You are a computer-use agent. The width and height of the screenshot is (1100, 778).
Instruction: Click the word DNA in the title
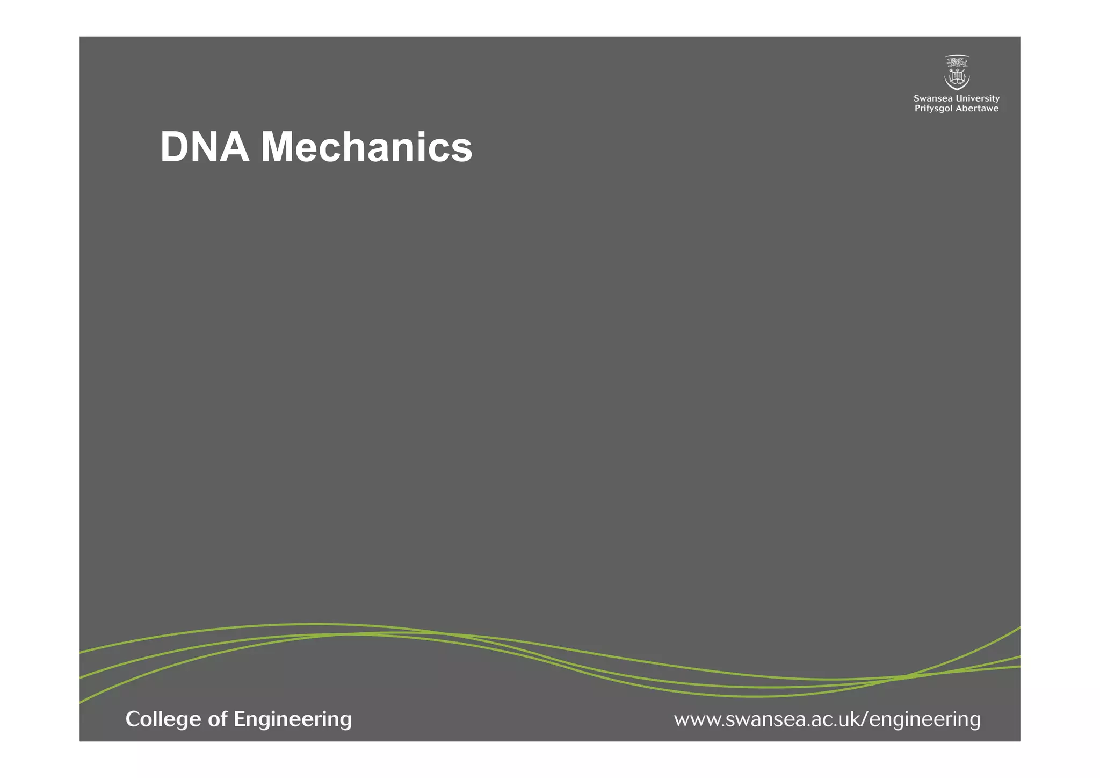(x=205, y=147)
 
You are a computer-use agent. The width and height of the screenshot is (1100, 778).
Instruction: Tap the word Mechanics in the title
(x=366, y=147)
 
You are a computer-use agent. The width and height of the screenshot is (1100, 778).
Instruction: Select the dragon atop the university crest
(x=957, y=61)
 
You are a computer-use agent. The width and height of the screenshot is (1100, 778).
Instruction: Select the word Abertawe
(x=978, y=109)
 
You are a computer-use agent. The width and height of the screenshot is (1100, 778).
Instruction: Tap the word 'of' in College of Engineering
(x=218, y=719)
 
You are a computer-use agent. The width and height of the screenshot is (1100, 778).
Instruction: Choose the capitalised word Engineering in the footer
(x=293, y=719)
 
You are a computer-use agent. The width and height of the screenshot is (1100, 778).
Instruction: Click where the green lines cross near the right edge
(x=906, y=676)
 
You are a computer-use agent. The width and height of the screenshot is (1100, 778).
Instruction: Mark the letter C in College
(x=133, y=719)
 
